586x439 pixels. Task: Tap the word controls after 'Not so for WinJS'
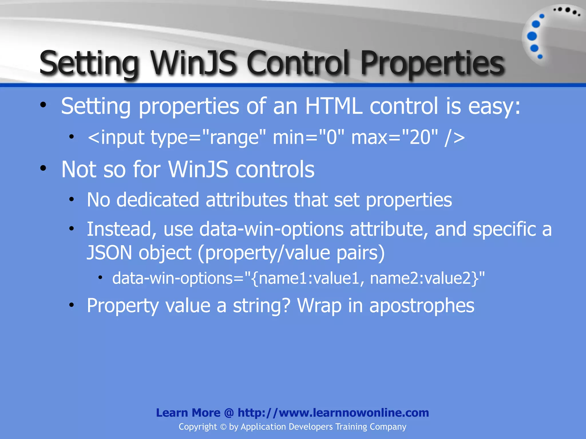pos(275,169)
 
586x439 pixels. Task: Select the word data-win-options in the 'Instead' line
pos(271,229)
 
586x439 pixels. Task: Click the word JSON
pos(109,253)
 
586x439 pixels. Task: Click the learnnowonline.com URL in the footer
pos(333,413)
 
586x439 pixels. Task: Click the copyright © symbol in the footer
pos(223,427)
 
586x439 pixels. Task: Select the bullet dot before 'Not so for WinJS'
pos(43,169)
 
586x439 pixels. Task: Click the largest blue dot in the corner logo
pos(532,36)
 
